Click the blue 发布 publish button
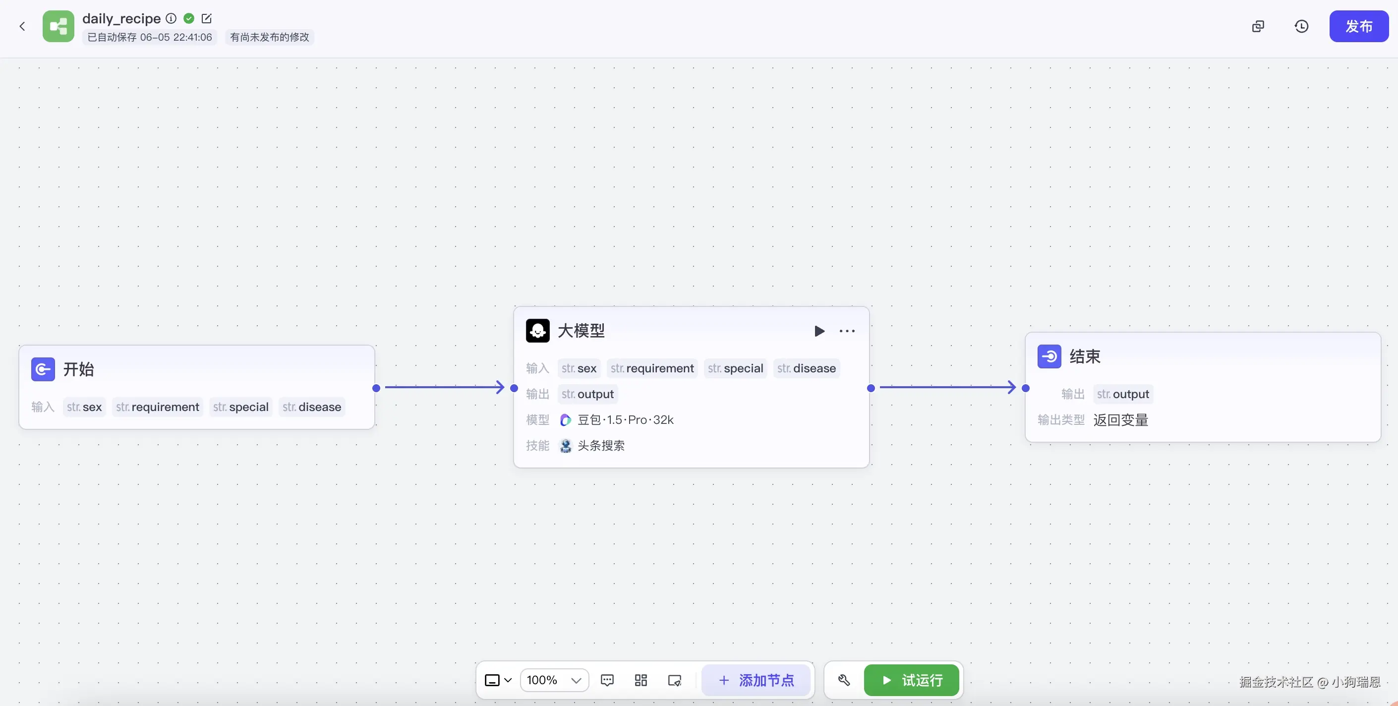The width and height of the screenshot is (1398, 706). click(x=1358, y=26)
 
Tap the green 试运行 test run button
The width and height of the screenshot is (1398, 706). click(x=911, y=680)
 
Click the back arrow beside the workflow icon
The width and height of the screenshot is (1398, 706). click(x=22, y=26)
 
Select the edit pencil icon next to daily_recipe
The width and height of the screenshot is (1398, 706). click(x=207, y=18)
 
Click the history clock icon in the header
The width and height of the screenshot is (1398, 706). click(x=1301, y=26)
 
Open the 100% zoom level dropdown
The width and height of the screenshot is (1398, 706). click(x=554, y=680)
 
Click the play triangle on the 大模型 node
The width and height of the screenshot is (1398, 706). click(x=819, y=331)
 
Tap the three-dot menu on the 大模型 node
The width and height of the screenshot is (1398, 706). click(x=847, y=331)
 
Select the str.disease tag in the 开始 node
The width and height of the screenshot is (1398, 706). click(x=312, y=407)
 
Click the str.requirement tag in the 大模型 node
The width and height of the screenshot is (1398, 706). click(x=652, y=368)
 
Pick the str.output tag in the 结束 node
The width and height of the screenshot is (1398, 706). click(x=1123, y=394)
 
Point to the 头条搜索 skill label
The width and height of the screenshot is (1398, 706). click(x=601, y=446)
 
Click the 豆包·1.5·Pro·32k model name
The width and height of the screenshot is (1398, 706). click(x=625, y=419)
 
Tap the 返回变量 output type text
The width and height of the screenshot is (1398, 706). click(x=1121, y=420)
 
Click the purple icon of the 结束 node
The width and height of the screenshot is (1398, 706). click(x=1049, y=356)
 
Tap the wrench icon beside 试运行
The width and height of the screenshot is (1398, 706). click(x=844, y=680)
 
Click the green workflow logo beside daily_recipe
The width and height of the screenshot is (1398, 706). click(x=58, y=26)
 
